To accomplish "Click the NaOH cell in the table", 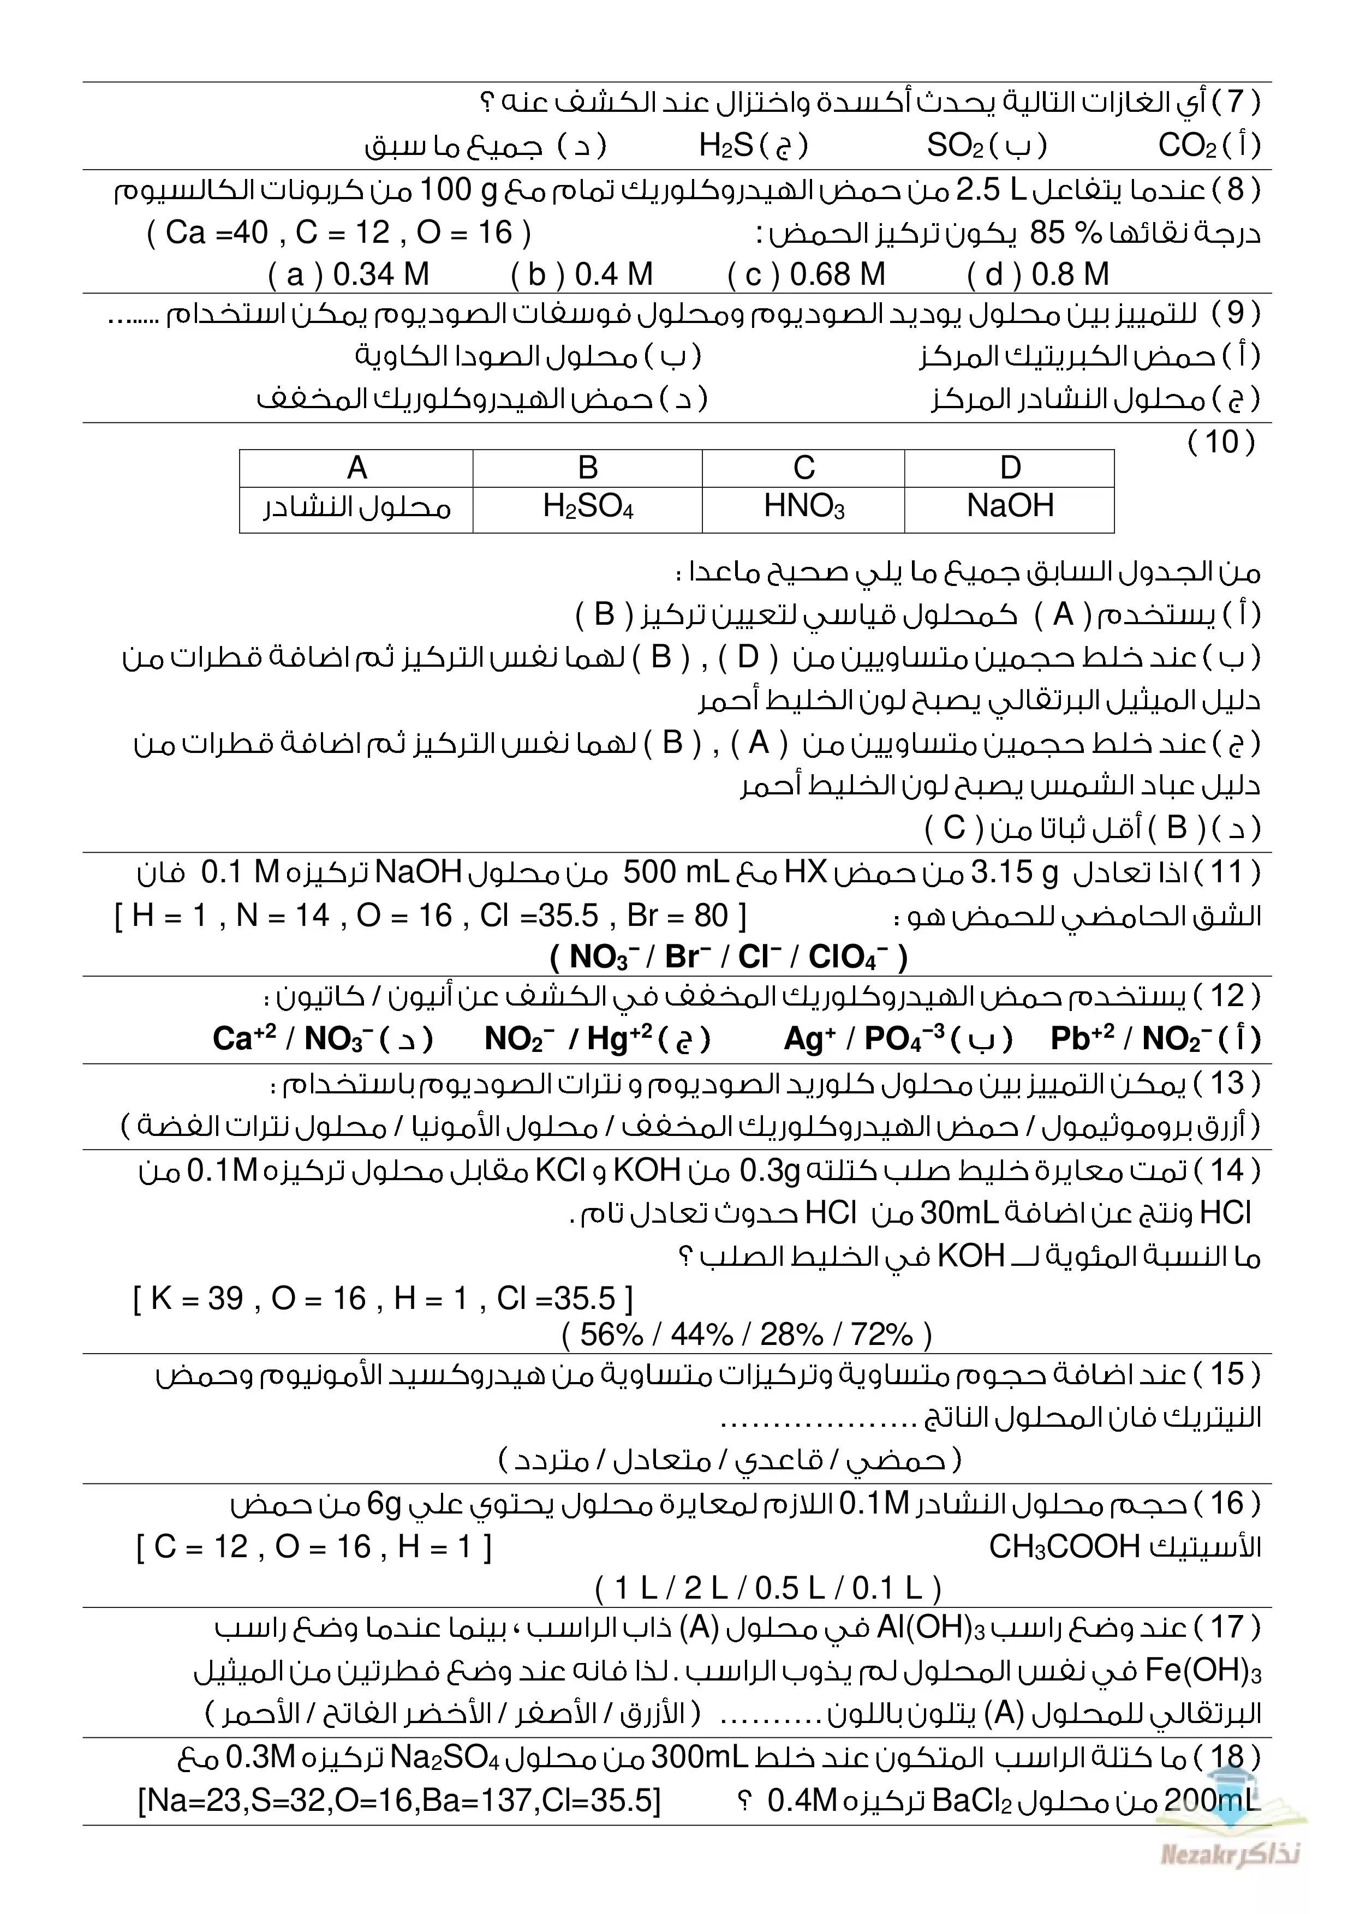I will point(1010,506).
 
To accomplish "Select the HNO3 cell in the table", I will point(804,506).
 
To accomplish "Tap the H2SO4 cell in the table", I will point(588,506).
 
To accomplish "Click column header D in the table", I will point(1010,468).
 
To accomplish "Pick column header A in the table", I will point(357,468).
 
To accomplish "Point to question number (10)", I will point(1221,442).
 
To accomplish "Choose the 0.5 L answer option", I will point(789,1588).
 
